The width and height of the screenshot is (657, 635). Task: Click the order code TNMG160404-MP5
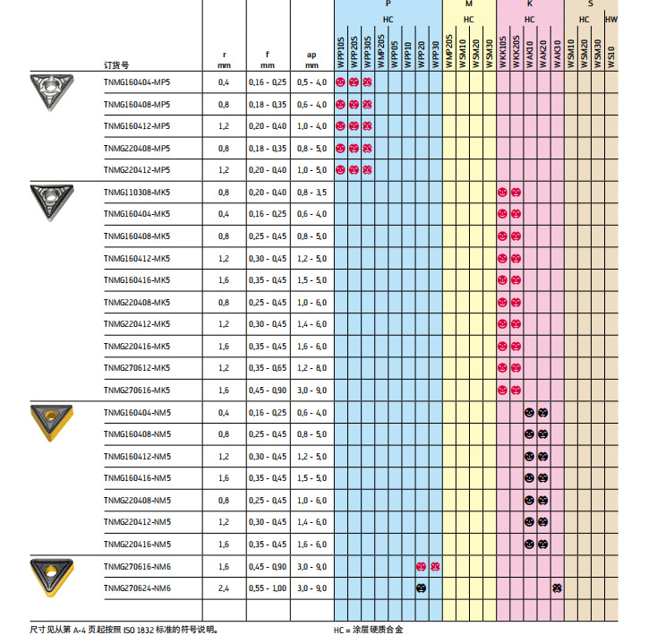(136, 82)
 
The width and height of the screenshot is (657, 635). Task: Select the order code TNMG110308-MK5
(136, 193)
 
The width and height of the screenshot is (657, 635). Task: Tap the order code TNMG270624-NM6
(136, 588)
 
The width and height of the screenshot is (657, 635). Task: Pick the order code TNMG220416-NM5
(136, 544)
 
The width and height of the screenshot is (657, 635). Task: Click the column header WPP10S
(340, 52)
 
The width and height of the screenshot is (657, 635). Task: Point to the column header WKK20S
(516, 52)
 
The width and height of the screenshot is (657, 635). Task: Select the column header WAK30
(557, 52)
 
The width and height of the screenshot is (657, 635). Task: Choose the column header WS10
(611, 52)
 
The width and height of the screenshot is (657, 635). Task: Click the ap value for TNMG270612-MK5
(311, 368)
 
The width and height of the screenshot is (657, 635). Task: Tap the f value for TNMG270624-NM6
(268, 588)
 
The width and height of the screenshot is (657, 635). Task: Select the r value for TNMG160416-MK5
(224, 280)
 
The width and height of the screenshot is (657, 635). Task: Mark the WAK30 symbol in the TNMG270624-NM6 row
(557, 588)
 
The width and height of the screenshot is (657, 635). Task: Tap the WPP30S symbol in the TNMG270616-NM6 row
(435, 566)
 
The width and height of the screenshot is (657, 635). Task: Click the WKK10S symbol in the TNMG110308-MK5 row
(502, 193)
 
